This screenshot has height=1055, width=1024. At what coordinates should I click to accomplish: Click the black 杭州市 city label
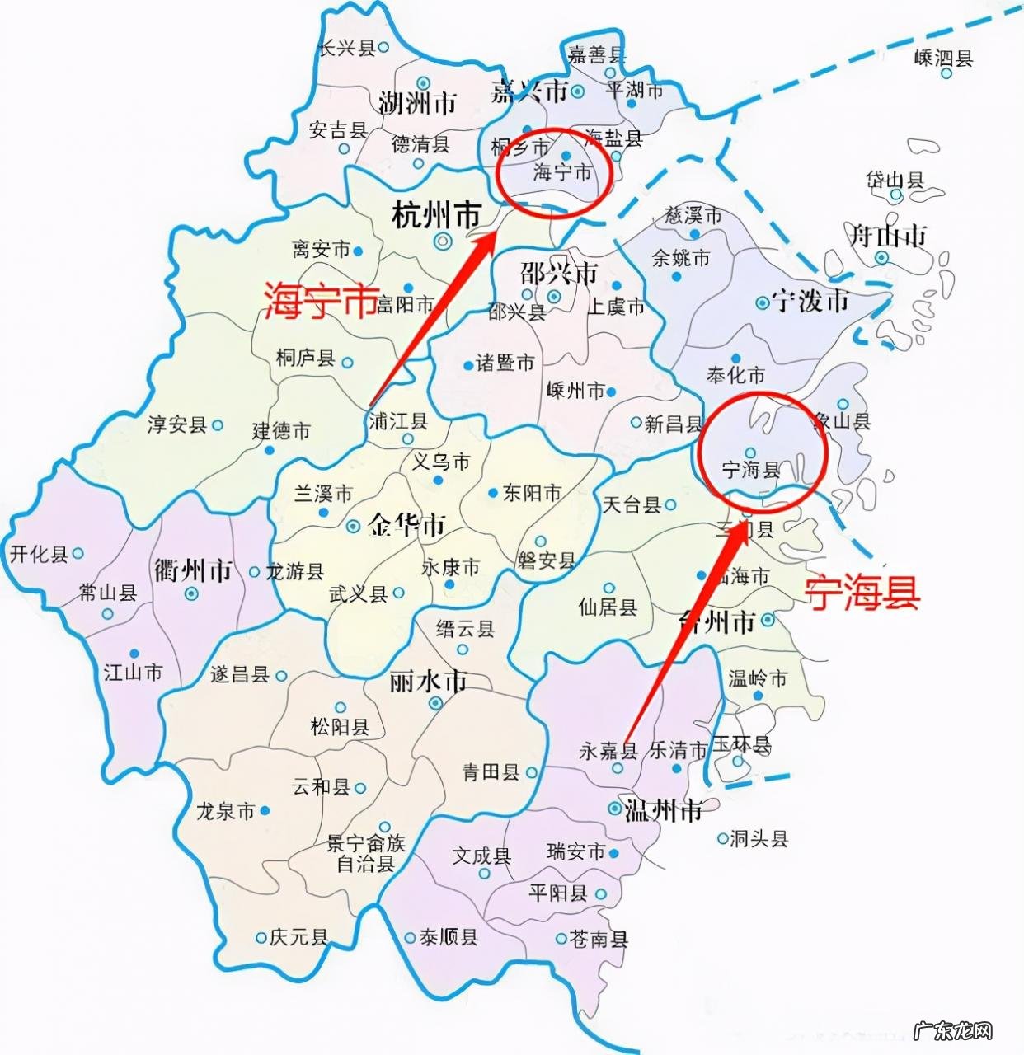[435, 217]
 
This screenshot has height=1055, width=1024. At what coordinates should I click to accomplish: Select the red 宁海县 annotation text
[862, 592]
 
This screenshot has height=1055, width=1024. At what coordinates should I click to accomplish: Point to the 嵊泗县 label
[944, 58]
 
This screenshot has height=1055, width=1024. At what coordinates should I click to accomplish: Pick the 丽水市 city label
[428, 682]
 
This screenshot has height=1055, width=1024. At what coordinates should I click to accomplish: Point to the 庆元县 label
[300, 936]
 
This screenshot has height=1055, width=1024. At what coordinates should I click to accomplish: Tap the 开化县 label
[39, 553]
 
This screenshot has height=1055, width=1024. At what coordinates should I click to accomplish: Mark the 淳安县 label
[176, 424]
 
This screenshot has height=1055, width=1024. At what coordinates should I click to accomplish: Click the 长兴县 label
[346, 48]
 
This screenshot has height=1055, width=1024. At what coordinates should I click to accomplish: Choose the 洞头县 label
[759, 839]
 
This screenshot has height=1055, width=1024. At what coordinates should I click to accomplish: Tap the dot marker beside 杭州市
[444, 241]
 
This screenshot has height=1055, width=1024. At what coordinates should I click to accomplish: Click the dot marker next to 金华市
[353, 526]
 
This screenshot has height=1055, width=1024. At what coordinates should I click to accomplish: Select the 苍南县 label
[599, 938]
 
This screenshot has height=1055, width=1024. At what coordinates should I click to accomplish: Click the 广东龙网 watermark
[955, 1030]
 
